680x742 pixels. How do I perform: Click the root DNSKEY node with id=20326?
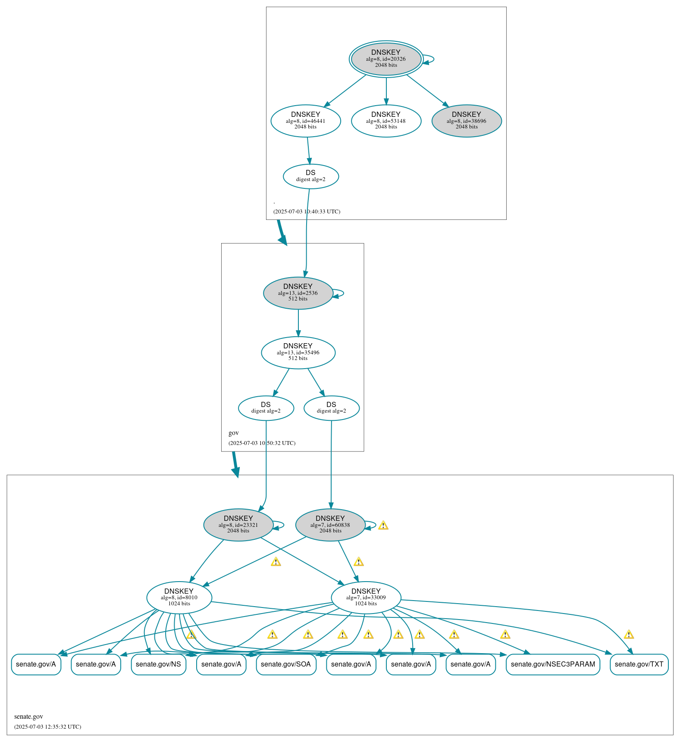(386, 59)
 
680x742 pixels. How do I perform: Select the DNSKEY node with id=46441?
(306, 121)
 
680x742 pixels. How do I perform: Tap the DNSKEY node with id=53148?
(386, 121)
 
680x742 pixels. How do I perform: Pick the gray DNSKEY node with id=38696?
(467, 121)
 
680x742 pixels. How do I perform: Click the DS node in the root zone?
(311, 176)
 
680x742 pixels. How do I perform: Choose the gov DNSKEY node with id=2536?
(298, 293)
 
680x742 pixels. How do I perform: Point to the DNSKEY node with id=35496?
(298, 353)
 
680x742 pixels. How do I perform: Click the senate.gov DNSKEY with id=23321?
(238, 525)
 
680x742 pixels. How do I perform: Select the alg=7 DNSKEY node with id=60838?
(330, 525)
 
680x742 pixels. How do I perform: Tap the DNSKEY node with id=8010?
(179, 598)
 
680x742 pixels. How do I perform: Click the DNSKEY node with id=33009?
(366, 598)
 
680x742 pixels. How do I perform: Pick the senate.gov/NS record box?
(159, 664)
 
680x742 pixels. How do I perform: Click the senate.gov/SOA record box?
(286, 664)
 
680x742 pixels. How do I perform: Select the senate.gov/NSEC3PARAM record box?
(553, 664)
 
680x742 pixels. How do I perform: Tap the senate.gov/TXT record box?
(639, 664)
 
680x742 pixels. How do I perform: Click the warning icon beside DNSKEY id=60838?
(383, 525)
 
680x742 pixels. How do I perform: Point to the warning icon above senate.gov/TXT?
(629, 634)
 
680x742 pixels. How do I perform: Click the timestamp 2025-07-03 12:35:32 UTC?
(47, 726)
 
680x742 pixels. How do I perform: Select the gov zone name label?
(234, 433)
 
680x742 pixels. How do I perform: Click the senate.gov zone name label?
(28, 717)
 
